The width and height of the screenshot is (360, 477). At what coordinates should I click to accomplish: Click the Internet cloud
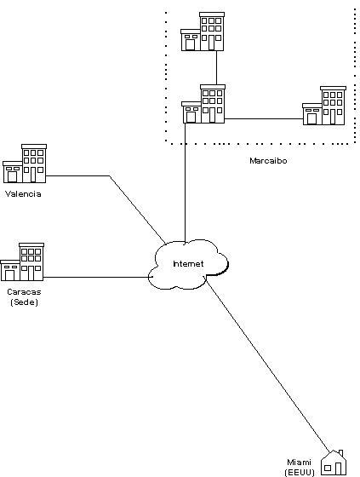click(x=188, y=264)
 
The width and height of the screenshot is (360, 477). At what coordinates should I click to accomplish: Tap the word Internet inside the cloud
click(x=188, y=263)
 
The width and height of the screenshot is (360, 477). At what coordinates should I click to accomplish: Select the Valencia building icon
click(x=25, y=164)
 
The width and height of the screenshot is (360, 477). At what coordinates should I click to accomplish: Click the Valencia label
click(x=23, y=194)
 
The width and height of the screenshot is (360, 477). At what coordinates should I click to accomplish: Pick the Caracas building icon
click(x=22, y=261)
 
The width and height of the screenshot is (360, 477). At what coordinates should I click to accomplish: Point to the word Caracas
click(x=24, y=291)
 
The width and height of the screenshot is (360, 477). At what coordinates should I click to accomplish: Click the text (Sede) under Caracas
click(x=24, y=302)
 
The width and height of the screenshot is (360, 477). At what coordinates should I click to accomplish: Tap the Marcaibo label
click(x=268, y=160)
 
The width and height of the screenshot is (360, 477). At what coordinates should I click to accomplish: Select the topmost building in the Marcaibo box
click(x=203, y=32)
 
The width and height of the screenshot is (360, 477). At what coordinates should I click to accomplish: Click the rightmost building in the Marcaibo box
click(x=324, y=106)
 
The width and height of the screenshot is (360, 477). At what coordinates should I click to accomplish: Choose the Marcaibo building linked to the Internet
click(x=203, y=104)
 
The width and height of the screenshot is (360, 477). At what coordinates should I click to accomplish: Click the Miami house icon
click(x=334, y=463)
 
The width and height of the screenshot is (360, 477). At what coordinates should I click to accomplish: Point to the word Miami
click(x=299, y=462)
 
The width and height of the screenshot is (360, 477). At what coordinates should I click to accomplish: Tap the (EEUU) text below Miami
click(x=300, y=473)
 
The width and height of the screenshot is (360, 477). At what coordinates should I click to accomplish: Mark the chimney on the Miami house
click(x=340, y=453)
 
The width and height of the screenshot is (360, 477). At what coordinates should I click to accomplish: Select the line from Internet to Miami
click(x=267, y=365)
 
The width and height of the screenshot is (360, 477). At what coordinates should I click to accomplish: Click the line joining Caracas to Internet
click(x=98, y=277)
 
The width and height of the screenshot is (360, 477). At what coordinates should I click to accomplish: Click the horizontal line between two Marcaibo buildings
click(x=264, y=118)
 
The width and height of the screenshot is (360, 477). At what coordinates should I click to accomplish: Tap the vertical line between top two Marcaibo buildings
click(x=216, y=67)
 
